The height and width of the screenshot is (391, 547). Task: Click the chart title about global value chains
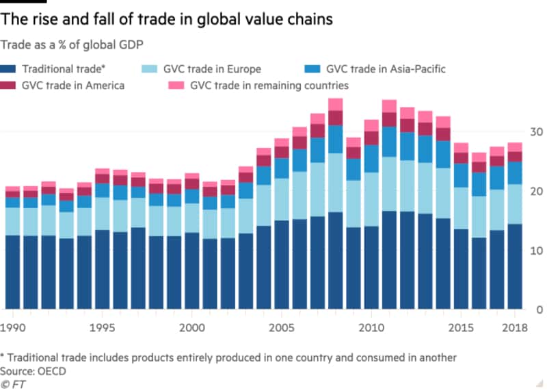pyautogui.click(x=168, y=19)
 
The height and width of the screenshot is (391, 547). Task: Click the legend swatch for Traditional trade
pyautogui.click(x=9, y=69)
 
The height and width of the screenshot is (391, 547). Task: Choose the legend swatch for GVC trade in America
pyautogui.click(x=9, y=86)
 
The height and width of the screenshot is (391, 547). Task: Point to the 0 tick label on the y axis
pyautogui.click(x=538, y=310)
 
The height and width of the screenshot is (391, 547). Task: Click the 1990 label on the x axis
pyautogui.click(x=14, y=328)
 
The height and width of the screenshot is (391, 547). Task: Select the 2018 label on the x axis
pyautogui.click(x=513, y=328)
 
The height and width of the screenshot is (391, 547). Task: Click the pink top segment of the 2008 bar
pyautogui.click(x=335, y=104)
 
